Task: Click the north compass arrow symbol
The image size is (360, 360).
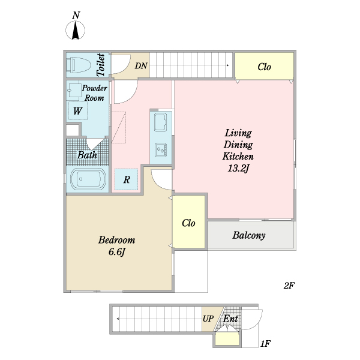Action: (76, 30)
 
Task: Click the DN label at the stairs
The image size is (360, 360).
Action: (141, 66)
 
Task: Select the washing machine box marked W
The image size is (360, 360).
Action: (78, 110)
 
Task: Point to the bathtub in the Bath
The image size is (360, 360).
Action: (88, 179)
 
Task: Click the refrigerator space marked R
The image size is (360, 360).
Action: (126, 179)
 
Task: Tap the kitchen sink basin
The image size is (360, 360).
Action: (160, 122)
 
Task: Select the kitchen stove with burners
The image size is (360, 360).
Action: (161, 150)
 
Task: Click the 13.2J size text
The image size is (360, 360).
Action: (238, 169)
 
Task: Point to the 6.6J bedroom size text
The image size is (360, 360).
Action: (116, 252)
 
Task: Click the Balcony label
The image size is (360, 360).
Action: (249, 235)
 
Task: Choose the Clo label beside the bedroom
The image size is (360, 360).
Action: (188, 223)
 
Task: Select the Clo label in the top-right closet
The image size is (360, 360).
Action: (264, 67)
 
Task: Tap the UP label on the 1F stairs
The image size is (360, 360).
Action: (208, 319)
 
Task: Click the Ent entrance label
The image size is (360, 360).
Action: (230, 319)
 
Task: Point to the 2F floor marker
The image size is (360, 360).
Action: (289, 286)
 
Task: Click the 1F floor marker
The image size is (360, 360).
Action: (265, 344)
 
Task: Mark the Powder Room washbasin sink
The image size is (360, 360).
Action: (73, 91)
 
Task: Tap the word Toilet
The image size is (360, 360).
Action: (101, 65)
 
